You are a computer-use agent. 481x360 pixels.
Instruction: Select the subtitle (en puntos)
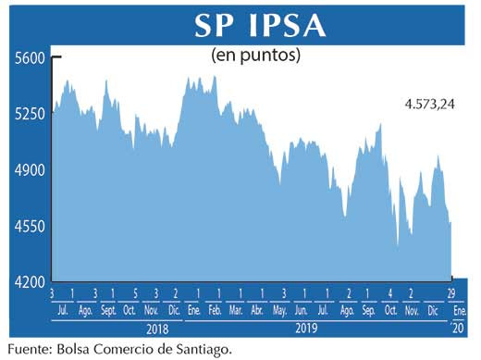(x=256, y=56)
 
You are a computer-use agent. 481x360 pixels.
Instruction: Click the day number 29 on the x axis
(x=451, y=293)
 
